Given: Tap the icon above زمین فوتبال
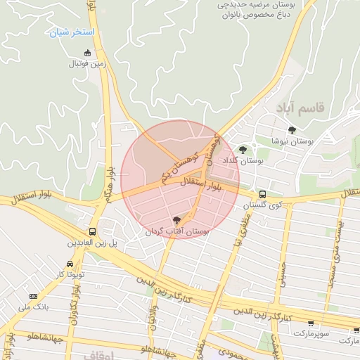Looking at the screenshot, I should [x=87, y=53].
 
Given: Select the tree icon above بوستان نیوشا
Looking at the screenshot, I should [x=292, y=129].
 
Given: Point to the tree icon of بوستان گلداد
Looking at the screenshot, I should [x=243, y=149].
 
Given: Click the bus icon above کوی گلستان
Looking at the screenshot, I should [x=262, y=193].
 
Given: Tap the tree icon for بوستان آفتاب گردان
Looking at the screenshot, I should [x=176, y=220].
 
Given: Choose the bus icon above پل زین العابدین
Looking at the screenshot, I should [x=92, y=231].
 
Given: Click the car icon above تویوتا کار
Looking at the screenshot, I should [x=69, y=264].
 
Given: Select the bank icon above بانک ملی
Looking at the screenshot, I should [x=33, y=296].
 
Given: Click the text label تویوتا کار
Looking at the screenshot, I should [x=70, y=274].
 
